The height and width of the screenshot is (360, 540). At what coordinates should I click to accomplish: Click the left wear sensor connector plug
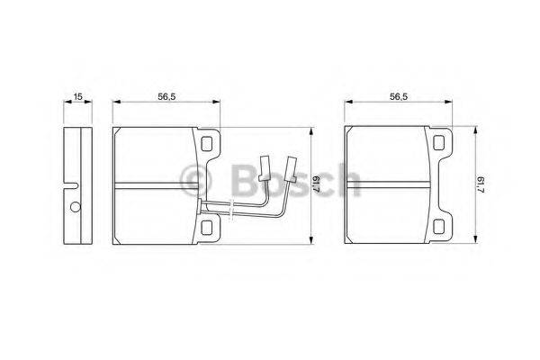tap(265, 166)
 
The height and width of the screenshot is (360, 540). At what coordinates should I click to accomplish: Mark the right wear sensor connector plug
tap(290, 166)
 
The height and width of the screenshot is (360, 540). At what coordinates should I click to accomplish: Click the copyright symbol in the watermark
tap(195, 177)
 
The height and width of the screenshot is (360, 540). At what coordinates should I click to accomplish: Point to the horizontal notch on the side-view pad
tap(74, 186)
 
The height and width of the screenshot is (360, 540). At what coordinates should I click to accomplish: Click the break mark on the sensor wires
tap(232, 211)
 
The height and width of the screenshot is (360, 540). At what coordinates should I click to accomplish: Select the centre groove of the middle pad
tap(162, 186)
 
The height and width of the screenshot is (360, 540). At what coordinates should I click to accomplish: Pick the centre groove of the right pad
tap(396, 186)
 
